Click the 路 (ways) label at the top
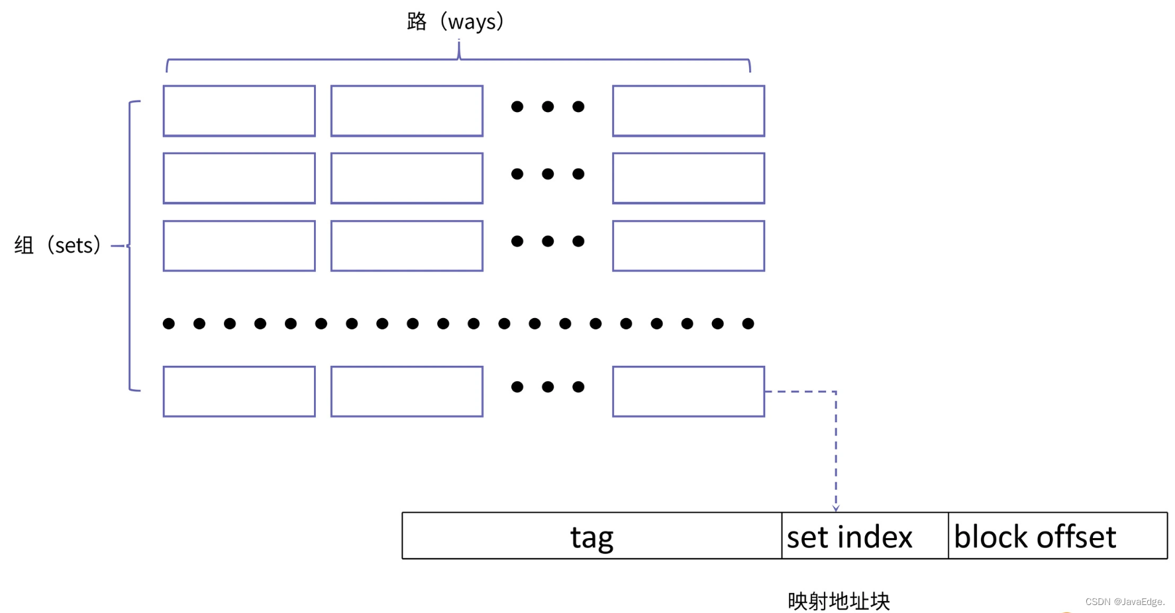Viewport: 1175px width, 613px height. pyautogui.click(x=456, y=21)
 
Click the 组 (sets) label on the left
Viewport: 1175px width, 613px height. pyautogui.click(x=58, y=245)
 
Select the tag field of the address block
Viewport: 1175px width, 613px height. pyautogui.click(x=592, y=535)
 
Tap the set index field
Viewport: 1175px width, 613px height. pyautogui.click(x=865, y=535)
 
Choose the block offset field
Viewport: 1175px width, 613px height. pyautogui.click(x=1058, y=535)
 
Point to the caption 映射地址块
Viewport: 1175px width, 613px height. pyautogui.click(x=839, y=601)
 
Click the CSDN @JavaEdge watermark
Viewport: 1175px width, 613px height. pyautogui.click(x=1125, y=602)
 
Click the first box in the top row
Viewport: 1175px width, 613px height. pyautogui.click(x=239, y=111)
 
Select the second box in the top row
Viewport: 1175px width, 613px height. pyautogui.click(x=407, y=111)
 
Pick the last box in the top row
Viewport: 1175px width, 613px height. pyautogui.click(x=689, y=111)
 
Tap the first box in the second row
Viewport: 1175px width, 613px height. pyautogui.click(x=239, y=178)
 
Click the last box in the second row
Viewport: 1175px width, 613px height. pyautogui.click(x=689, y=178)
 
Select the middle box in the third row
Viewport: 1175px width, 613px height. pyautogui.click(x=407, y=246)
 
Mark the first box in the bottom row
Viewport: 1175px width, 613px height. pyautogui.click(x=239, y=392)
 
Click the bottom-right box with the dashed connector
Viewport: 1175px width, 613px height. pyautogui.click(x=689, y=392)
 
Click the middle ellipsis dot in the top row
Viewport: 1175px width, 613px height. pyautogui.click(x=548, y=107)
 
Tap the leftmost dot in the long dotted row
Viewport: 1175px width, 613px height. pyautogui.click(x=169, y=323)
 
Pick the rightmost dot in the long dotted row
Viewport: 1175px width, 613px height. pyautogui.click(x=748, y=323)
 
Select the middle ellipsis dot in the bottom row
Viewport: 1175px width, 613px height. pyautogui.click(x=548, y=387)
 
